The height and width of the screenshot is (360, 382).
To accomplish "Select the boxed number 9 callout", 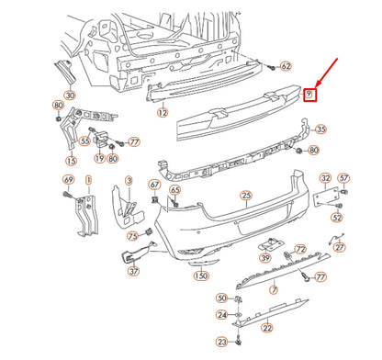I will (x=309, y=94).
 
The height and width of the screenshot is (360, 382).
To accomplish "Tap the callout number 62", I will (x=285, y=66).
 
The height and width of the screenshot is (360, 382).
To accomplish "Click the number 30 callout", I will (x=71, y=96).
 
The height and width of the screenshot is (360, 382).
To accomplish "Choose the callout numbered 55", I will (x=84, y=141).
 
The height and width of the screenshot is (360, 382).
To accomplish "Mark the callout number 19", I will (x=98, y=157).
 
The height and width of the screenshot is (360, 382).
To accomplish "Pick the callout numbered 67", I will (x=154, y=186).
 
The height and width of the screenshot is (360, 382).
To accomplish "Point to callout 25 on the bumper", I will (x=245, y=195).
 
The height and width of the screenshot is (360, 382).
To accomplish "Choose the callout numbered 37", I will (x=133, y=270).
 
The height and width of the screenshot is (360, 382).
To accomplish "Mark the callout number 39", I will (x=264, y=260).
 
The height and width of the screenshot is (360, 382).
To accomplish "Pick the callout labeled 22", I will (x=267, y=328).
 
